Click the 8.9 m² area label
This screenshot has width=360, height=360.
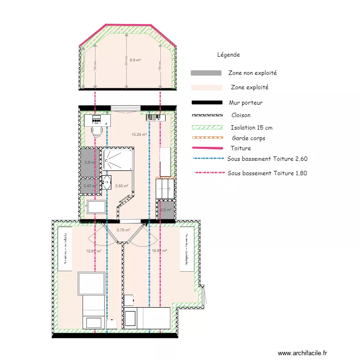pyautogui.click(x=135, y=60)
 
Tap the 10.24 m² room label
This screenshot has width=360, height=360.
pyautogui.click(x=139, y=134)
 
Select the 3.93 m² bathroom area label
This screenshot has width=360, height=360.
pyautogui.click(x=122, y=186)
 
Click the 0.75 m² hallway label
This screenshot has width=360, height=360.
pyautogui.click(x=123, y=230)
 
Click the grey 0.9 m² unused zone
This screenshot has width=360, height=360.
pyautogui.click(x=89, y=162)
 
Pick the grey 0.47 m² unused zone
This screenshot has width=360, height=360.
pyautogui.click(x=89, y=186)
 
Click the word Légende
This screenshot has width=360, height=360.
pyautogui.click(x=228, y=55)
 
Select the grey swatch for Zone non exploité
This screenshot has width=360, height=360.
pyautogui.click(x=206, y=73)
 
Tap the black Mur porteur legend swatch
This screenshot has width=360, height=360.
pyautogui.click(x=206, y=103)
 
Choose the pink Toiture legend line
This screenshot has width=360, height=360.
pyautogui.click(x=206, y=148)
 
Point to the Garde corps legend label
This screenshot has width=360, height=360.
pyautogui.click(x=248, y=138)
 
